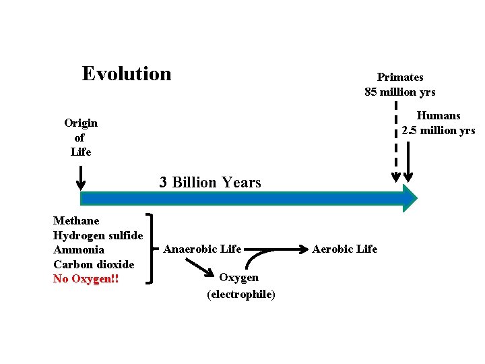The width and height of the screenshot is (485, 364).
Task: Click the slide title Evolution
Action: (x=127, y=73)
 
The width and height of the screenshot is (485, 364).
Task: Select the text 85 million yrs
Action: (x=399, y=92)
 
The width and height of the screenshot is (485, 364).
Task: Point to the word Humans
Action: (x=439, y=116)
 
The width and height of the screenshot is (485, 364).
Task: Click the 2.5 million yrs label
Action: (x=439, y=130)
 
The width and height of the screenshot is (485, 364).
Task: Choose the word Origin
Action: (x=81, y=123)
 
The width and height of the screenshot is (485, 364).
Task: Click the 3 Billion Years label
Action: (x=210, y=182)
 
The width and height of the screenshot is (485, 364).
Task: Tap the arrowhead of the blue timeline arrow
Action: (x=410, y=197)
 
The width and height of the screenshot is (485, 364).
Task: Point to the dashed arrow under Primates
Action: (x=395, y=142)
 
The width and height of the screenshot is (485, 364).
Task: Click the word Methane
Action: (x=76, y=220)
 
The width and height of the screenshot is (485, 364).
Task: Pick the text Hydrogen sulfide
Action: (x=98, y=235)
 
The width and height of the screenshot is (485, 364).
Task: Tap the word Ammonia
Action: (x=79, y=250)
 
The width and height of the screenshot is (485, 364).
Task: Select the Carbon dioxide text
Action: (x=94, y=264)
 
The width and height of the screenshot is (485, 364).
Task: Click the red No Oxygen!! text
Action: (x=86, y=278)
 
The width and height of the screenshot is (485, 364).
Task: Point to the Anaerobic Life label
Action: (x=202, y=249)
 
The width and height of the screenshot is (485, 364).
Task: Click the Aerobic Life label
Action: (x=344, y=249)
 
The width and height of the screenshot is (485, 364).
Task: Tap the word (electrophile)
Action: (x=240, y=295)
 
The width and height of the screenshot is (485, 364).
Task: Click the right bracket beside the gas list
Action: (x=154, y=249)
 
